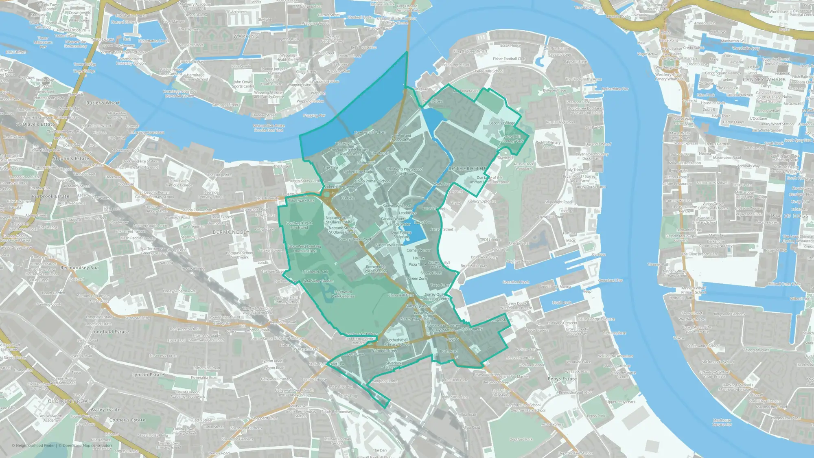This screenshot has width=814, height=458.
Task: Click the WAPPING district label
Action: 246,37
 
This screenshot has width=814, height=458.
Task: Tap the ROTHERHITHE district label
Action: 467,169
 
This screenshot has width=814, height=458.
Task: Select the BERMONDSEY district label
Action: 231,232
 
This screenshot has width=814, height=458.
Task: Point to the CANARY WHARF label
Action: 764,80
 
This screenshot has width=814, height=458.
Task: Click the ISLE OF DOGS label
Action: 789,216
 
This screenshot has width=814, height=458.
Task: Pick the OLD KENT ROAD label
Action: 70,401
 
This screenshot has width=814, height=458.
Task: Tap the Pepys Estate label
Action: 562,379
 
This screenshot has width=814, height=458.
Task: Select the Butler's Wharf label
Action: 103,103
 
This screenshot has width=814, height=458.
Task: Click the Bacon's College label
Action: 502,123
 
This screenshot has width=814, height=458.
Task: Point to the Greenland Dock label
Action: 516,282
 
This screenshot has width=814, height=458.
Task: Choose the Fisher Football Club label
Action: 509,59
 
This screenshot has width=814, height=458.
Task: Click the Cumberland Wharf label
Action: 370,132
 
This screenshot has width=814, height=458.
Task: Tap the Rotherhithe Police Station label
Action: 375,269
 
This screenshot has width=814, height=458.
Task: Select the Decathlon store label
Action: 422,222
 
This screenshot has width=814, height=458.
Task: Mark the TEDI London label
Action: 490,240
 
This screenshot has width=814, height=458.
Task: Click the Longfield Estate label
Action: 110,332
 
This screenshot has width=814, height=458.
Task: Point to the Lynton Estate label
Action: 148,375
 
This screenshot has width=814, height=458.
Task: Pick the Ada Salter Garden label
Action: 318,281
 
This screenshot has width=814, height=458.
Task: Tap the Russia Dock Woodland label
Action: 524,166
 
